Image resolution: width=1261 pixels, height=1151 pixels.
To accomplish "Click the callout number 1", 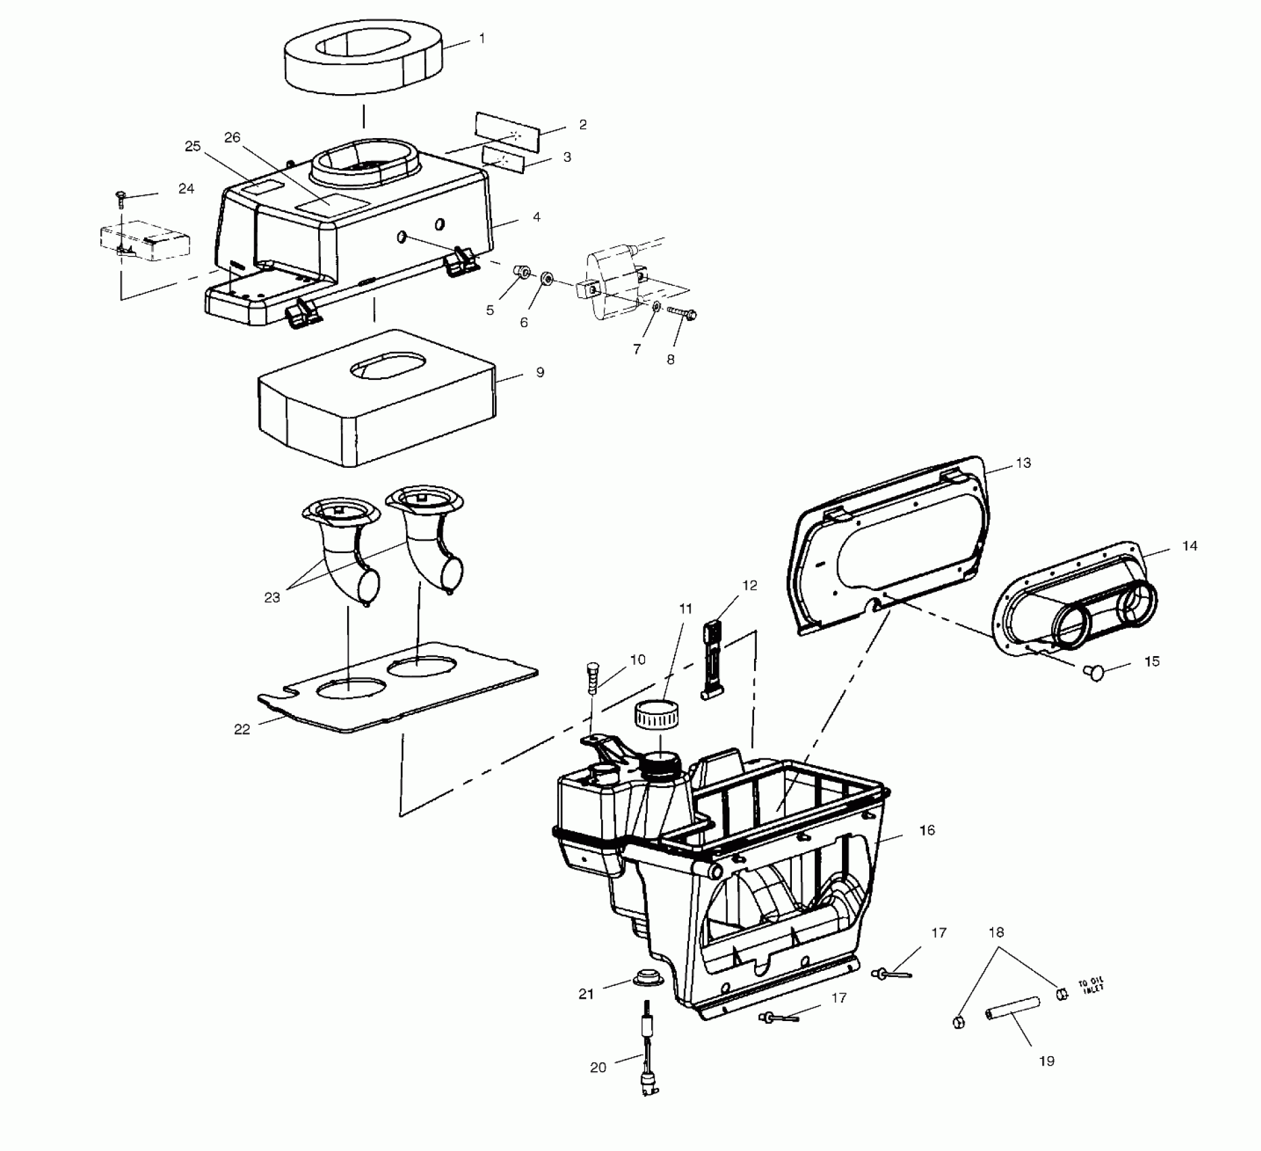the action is click(481, 39).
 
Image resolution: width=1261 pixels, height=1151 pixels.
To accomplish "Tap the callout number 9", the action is click(539, 372).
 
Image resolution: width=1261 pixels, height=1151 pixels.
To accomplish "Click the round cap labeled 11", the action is click(656, 715).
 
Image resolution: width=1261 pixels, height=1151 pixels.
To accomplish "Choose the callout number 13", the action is click(1023, 463).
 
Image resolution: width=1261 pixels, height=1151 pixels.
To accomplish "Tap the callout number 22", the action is click(242, 729).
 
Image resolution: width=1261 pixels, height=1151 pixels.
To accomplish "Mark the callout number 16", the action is click(927, 830).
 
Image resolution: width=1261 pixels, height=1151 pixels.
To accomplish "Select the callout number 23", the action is click(272, 598).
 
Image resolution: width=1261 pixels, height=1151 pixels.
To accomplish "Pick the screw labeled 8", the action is click(682, 313).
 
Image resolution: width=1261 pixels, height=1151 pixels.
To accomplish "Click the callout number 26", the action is click(232, 138).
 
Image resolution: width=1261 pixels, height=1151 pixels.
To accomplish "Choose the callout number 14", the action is click(1189, 546).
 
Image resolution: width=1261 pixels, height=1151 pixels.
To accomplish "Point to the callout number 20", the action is click(598, 1068).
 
